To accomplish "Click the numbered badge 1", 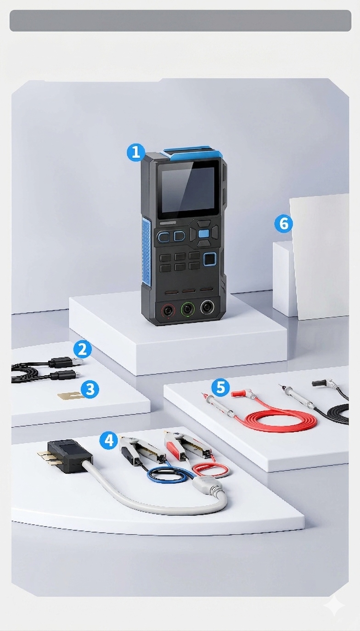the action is click(136, 152).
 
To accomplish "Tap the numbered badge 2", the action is click(83, 350).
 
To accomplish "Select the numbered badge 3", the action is click(90, 389).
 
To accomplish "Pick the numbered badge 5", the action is click(220, 387).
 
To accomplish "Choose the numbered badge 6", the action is click(284, 223).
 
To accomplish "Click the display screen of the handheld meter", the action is click(188, 190).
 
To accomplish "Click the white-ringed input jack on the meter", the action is click(207, 308).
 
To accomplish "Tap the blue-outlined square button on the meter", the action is click(210, 260).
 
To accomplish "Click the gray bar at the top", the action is click(180, 21).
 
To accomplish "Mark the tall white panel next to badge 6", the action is click(320, 257).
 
